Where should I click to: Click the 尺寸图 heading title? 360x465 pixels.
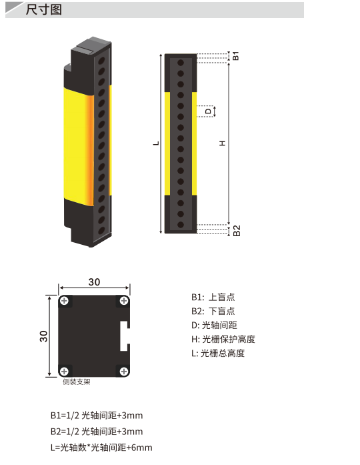tap(43, 9)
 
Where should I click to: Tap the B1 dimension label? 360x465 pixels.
tap(235, 56)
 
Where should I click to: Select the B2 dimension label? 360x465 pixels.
tap(237, 230)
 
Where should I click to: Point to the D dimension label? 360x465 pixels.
tap(208, 111)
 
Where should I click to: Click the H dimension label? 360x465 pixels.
tap(222, 143)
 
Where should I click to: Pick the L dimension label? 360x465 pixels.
tap(156, 143)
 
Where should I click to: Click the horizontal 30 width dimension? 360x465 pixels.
tap(94, 282)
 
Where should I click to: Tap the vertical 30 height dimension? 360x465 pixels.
tap(43, 336)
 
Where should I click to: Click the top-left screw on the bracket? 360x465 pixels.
tap(64, 301)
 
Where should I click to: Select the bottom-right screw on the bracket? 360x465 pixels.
tap(124, 371)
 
